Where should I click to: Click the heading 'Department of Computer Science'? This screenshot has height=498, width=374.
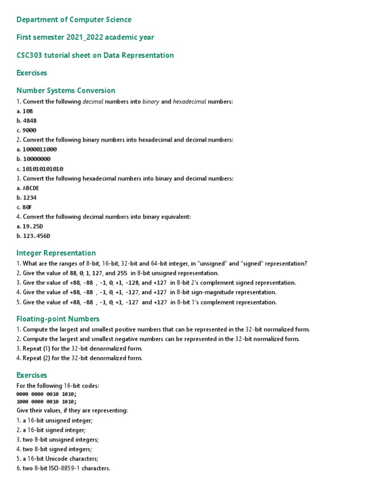coord(74,19)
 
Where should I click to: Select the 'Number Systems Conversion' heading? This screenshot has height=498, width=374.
coord(66,90)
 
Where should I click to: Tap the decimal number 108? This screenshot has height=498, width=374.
coord(28,111)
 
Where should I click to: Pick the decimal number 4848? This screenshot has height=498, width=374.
coord(29,121)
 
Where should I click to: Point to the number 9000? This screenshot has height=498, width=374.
coord(29,130)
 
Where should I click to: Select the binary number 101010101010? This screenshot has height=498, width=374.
coord(43,169)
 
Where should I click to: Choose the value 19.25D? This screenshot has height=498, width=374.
coord(34,227)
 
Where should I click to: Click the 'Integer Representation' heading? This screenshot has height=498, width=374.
coord(56,253)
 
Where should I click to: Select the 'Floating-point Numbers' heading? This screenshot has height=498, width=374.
coord(58,319)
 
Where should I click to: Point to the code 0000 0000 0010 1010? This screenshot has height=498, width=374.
coord(46,394)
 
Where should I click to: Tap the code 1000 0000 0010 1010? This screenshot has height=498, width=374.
coord(46,402)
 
